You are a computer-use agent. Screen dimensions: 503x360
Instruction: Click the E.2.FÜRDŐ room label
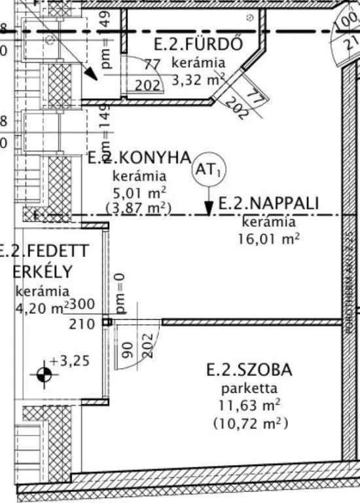[198, 45]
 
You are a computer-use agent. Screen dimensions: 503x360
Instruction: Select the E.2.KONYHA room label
[139, 158]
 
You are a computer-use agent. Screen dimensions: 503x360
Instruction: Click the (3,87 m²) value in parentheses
[138, 208]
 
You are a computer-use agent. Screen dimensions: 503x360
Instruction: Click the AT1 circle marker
[207, 170]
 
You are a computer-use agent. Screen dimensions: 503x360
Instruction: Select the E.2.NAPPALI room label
[268, 204]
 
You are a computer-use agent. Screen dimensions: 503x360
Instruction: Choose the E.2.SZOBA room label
[249, 370]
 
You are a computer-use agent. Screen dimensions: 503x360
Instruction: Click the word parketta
[249, 388]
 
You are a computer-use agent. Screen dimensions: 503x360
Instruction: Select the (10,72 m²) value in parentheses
[251, 423]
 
